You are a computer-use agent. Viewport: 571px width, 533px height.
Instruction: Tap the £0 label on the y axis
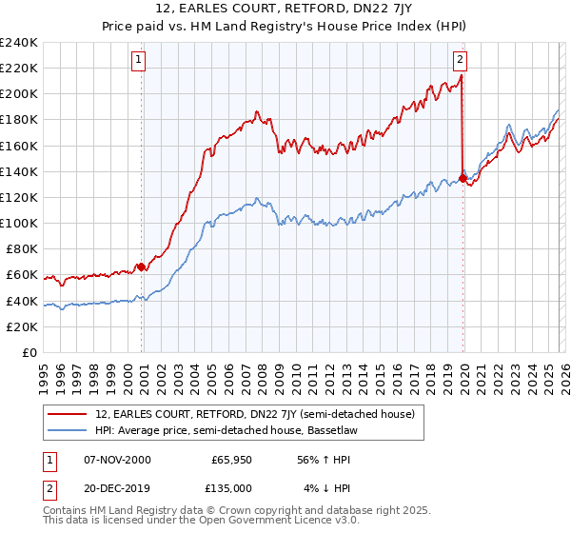(x=30, y=353)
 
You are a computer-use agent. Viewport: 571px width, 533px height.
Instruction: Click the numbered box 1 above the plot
(x=138, y=60)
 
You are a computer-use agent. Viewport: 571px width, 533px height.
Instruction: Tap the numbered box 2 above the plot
(x=461, y=60)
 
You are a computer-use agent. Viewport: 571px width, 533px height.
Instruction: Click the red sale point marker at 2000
(x=142, y=267)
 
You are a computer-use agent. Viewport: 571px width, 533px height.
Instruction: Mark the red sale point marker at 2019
(x=463, y=178)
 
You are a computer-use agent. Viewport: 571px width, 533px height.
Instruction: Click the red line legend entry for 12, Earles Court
(x=254, y=414)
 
